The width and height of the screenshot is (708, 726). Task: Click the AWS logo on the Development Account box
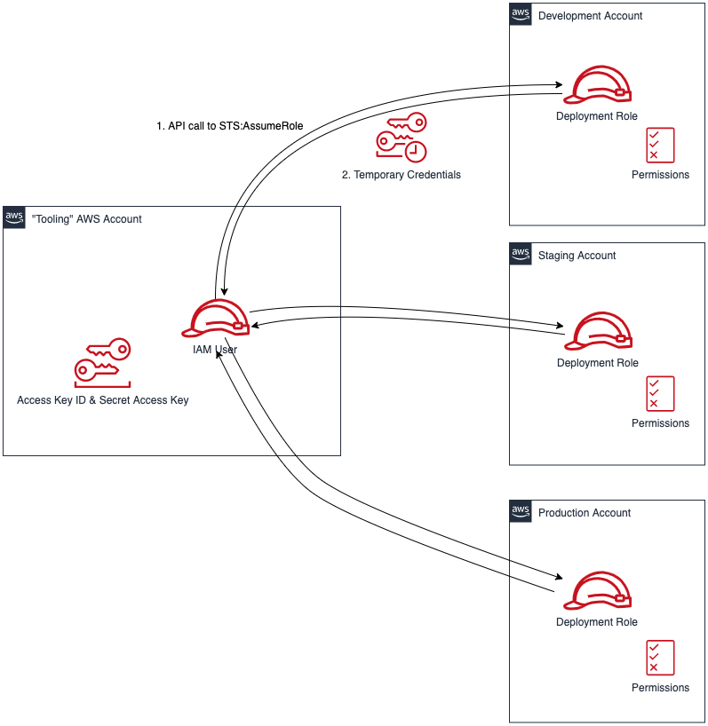pyautogui.click(x=521, y=14)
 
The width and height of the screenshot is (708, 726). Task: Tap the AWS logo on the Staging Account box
pyautogui.click(x=521, y=254)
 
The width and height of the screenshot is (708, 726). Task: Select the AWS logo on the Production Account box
pyautogui.click(x=521, y=511)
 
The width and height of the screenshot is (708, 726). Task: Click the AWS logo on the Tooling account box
pyautogui.click(x=14, y=217)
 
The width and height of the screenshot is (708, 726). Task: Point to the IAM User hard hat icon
pyautogui.click(x=216, y=319)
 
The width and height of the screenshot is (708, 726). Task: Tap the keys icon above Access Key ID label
pyautogui.click(x=102, y=363)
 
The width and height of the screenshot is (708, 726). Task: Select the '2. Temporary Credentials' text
pyautogui.click(x=402, y=175)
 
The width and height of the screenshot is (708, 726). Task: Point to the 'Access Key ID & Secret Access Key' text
pyautogui.click(x=102, y=400)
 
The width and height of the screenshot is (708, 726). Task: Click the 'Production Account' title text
pyautogui.click(x=584, y=513)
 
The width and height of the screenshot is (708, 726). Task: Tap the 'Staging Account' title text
pyautogui.click(x=577, y=256)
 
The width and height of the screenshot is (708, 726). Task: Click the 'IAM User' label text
pyautogui.click(x=215, y=350)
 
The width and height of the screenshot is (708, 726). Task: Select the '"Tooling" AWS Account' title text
pyautogui.click(x=86, y=219)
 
